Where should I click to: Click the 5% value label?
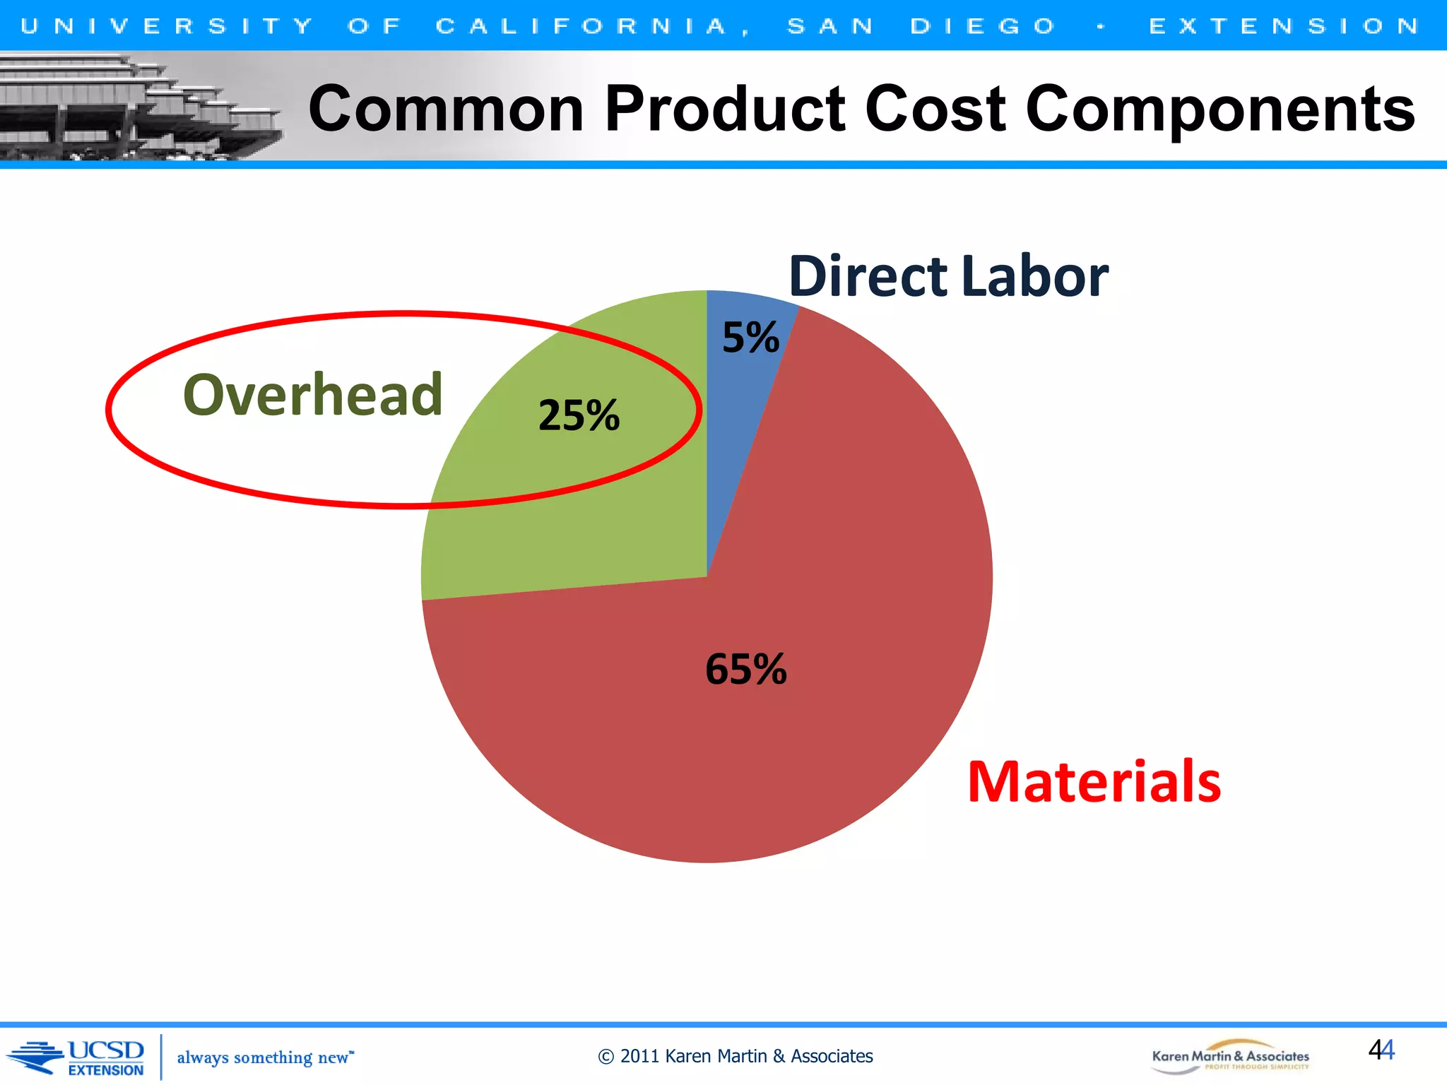[750, 338]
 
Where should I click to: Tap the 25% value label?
[579, 415]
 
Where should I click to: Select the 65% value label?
[746, 669]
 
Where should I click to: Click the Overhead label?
[312, 395]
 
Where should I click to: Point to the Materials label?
[1094, 782]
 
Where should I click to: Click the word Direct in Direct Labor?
[868, 276]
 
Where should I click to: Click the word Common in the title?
[446, 109]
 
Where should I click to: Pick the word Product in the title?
[725, 109]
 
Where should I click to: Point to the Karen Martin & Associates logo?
[1230, 1057]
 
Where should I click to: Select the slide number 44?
[1381, 1050]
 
